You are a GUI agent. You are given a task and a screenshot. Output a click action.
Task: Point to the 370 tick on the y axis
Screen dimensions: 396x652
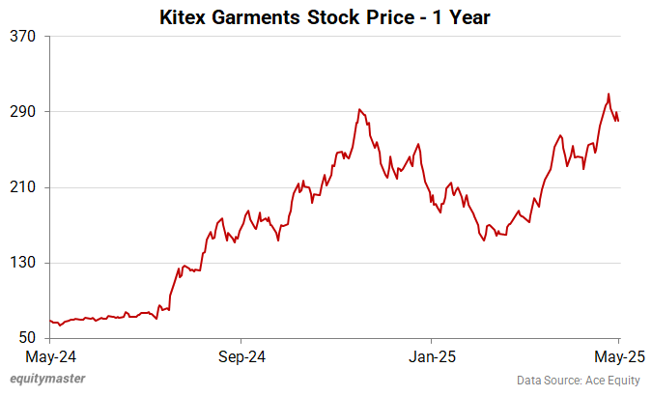[x=22, y=37]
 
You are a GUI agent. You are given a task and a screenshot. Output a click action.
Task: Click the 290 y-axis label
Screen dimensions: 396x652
[x=22, y=112]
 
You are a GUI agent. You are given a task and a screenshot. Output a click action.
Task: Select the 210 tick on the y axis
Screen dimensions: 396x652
[x=22, y=187]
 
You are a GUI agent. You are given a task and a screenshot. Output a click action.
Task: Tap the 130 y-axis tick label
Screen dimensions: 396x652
[x=22, y=263]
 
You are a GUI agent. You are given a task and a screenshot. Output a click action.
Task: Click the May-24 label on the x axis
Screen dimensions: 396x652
[x=51, y=354]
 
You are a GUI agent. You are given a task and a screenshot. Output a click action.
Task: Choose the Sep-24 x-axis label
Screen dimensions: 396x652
[x=241, y=354]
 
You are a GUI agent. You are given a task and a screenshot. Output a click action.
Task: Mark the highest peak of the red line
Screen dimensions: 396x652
[x=609, y=94]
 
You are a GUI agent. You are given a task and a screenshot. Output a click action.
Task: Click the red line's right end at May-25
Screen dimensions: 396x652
[x=618, y=120]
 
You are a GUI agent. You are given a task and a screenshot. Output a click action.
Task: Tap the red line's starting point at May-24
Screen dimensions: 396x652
[x=50, y=321]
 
